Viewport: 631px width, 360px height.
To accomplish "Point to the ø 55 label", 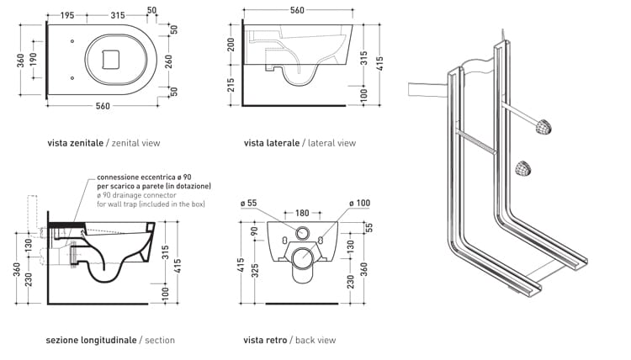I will pos(247,202).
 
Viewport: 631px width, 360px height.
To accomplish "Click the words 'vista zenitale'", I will pos(75,143).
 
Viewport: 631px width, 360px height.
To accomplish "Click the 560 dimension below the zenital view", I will pos(103,106).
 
